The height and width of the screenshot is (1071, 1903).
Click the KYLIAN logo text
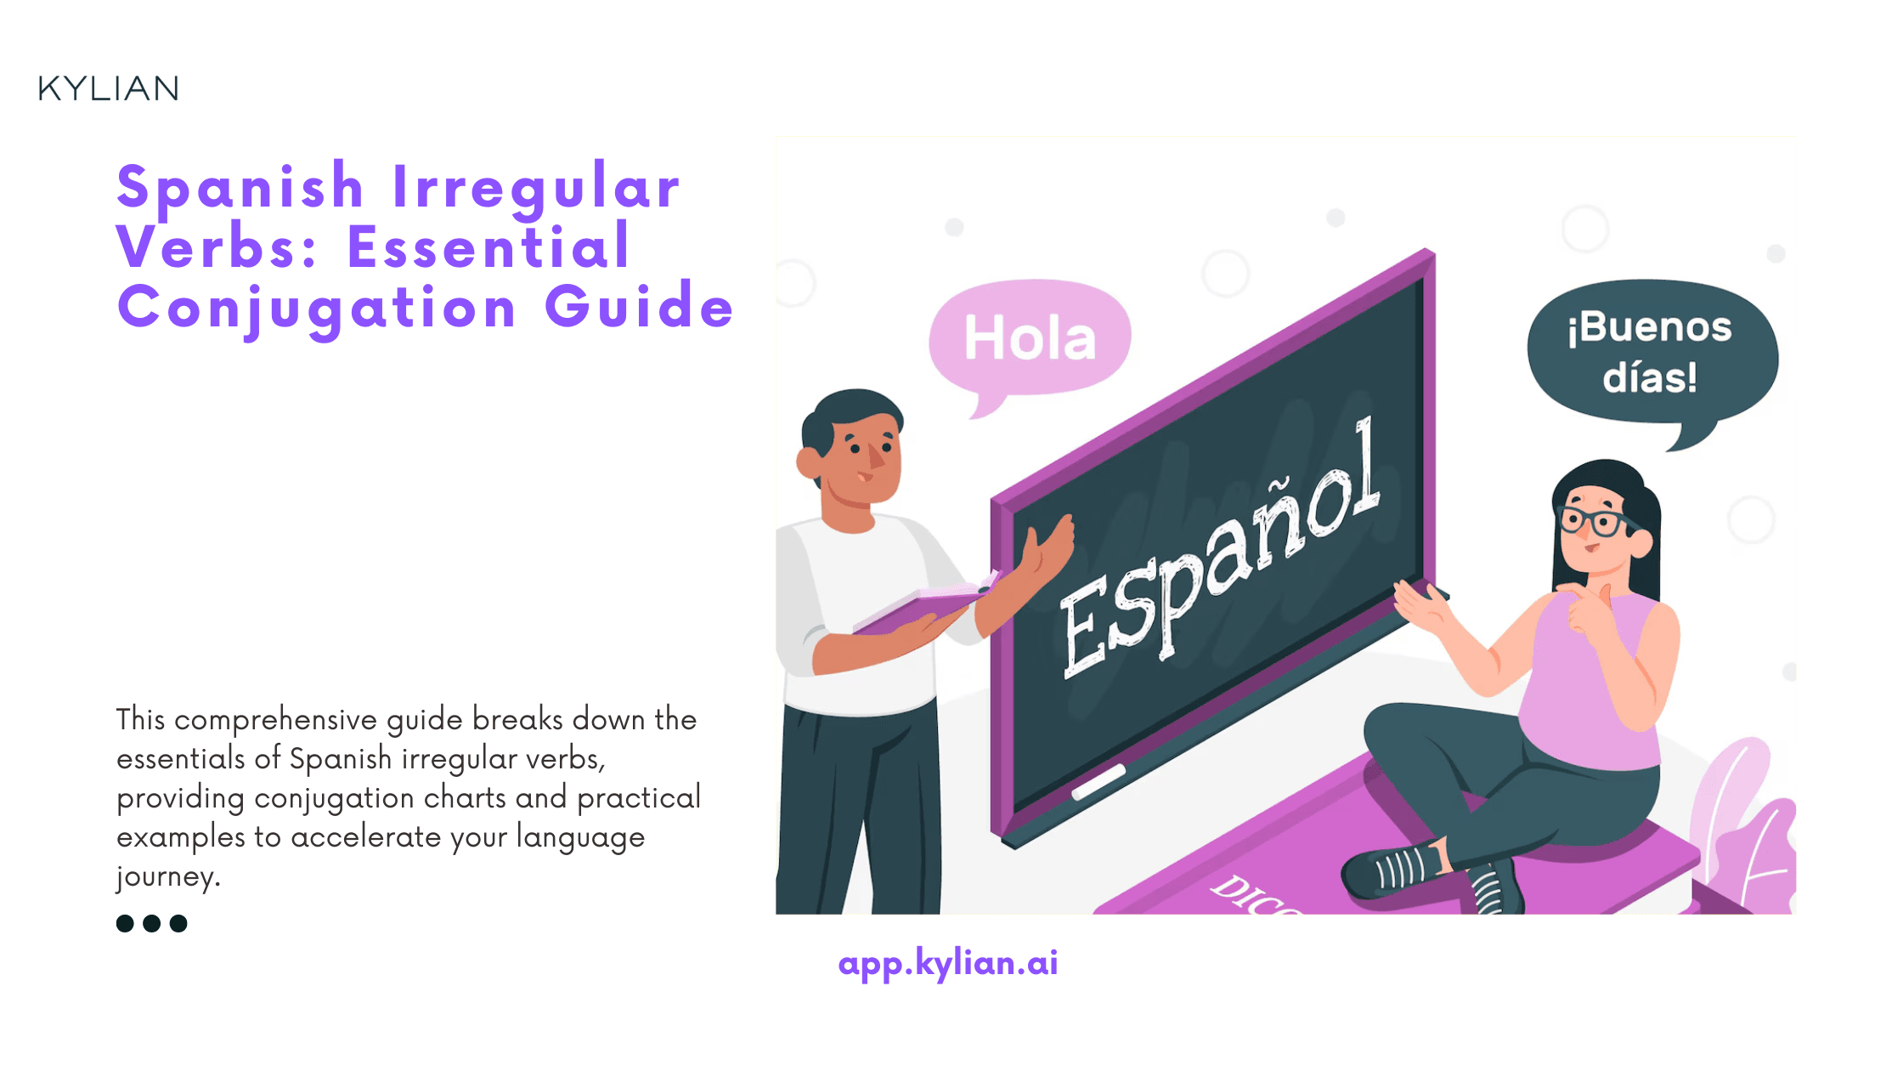click(108, 88)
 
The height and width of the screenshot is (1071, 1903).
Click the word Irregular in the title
click(536, 187)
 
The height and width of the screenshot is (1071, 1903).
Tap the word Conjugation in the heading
click(317, 308)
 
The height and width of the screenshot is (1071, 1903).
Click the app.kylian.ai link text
click(947, 963)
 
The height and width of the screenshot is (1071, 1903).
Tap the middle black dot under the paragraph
click(151, 923)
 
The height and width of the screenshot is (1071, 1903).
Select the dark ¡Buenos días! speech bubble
click(1651, 352)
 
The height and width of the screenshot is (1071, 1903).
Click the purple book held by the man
click(922, 608)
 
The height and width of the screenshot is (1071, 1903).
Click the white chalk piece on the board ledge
click(1098, 781)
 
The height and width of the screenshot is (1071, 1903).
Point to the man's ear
click(809, 462)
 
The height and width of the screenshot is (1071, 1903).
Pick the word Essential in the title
click(488, 247)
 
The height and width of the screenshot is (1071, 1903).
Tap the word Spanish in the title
click(240, 187)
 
